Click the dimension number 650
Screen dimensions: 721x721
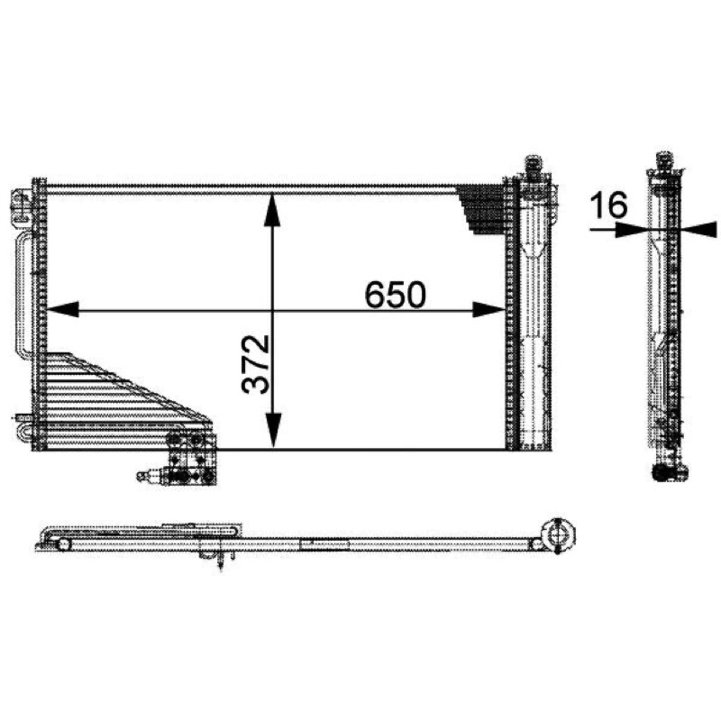point(395,295)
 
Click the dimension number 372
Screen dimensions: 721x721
point(255,364)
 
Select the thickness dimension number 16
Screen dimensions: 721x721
point(609,205)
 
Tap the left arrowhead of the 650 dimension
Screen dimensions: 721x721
point(62,309)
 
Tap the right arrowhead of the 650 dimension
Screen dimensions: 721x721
point(489,309)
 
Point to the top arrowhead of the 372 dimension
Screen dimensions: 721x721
point(273,210)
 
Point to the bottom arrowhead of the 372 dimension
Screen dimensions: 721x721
point(273,430)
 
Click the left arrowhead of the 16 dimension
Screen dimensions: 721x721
point(632,230)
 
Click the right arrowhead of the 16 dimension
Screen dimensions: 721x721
point(699,230)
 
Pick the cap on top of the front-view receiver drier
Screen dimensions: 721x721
point(533,164)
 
